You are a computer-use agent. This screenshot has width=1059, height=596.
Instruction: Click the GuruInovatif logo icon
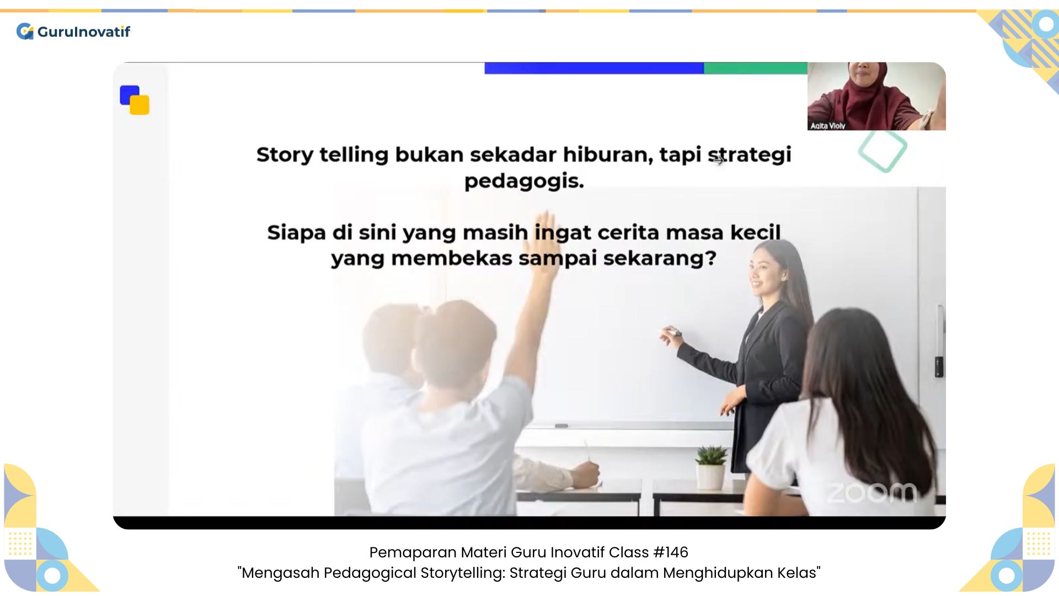point(25,31)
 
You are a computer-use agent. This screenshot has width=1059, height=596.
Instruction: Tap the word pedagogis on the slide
point(524,182)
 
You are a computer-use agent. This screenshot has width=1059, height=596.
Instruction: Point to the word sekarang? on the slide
point(660,258)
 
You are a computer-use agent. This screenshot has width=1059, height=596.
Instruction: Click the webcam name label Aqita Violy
point(827,126)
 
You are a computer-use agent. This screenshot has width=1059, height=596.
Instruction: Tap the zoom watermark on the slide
point(871,492)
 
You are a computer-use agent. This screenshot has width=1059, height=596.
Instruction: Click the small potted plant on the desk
point(711,467)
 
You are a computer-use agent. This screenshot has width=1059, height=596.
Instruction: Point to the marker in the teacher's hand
point(671,332)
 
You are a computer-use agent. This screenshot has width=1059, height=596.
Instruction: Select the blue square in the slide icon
point(130,94)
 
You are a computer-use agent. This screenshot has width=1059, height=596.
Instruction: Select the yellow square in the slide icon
point(140,105)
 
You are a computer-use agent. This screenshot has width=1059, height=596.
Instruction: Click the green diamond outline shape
point(882,150)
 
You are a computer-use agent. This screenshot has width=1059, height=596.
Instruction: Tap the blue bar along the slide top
point(594,68)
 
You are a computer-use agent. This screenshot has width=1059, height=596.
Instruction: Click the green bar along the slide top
point(756,68)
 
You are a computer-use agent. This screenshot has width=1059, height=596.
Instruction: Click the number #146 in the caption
point(670,552)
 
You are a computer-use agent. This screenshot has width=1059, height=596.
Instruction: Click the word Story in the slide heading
point(285,156)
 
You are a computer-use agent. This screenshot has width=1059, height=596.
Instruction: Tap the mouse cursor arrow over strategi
point(718,161)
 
